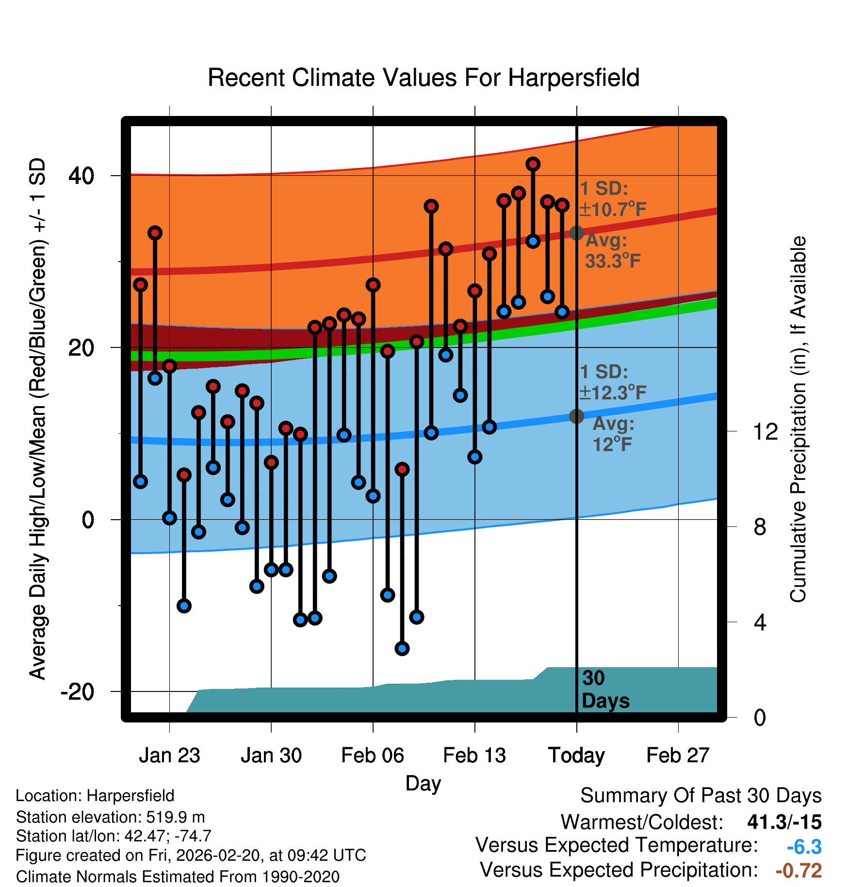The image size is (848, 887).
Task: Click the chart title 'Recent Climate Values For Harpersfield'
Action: pos(424,78)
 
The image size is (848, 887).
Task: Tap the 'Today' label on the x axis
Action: pos(576,755)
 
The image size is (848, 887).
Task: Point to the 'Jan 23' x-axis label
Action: pos(169,755)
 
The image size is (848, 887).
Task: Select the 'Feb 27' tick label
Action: pos(678,755)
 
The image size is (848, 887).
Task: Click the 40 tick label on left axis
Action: pos(81,175)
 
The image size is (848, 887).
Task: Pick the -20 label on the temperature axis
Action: pos(77,691)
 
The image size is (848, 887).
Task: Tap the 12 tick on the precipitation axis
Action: pos(765,431)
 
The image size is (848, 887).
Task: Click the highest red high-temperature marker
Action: pos(533,164)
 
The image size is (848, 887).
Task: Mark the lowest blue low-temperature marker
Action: pos(402,648)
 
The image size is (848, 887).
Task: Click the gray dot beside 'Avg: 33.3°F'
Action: pos(576,233)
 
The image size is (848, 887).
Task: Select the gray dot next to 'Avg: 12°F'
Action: pos(576,416)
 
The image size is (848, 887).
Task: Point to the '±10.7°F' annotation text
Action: pos(613,210)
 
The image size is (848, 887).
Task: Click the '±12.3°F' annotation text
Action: pos(613,393)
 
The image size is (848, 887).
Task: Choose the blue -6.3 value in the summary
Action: pos(804,847)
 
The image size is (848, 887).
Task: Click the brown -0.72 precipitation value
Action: pos(799,871)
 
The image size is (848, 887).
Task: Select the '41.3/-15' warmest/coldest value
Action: pos(784,822)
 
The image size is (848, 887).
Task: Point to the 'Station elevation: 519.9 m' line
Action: pos(111,817)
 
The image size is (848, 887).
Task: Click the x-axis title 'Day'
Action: pos(423,783)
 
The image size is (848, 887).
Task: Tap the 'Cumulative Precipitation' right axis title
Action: pos(798,419)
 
